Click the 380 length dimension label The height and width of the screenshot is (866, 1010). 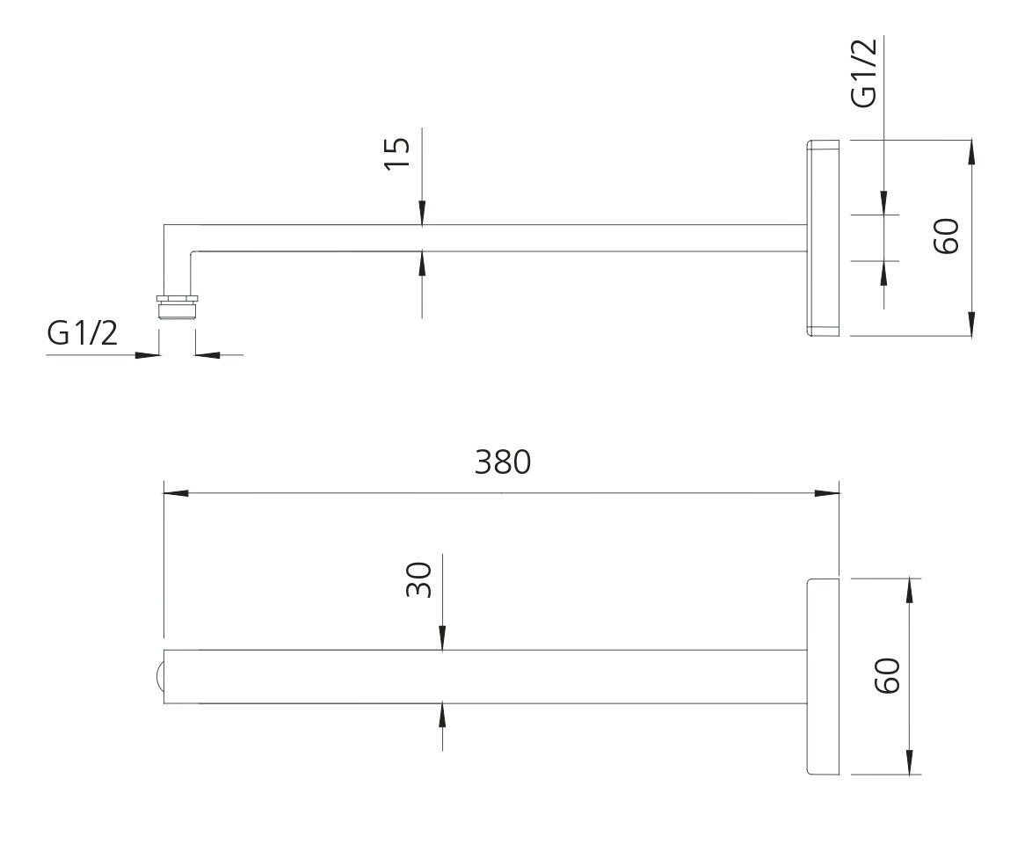pyautogui.click(x=503, y=462)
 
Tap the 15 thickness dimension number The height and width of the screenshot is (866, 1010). pyautogui.click(x=397, y=156)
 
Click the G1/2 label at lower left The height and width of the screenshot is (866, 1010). pyautogui.click(x=82, y=334)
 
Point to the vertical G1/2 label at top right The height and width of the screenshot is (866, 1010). pyautogui.click(x=864, y=73)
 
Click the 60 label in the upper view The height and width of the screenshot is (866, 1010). pyautogui.click(x=945, y=237)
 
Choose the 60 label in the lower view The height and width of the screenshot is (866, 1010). pyautogui.click(x=887, y=675)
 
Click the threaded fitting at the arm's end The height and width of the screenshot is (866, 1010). pyautogui.click(x=177, y=304)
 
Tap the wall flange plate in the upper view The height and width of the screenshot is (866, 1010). pyautogui.click(x=823, y=237)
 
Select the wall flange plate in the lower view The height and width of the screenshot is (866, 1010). pyautogui.click(x=823, y=676)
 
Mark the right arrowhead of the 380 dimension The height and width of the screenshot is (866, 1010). pyautogui.click(x=827, y=493)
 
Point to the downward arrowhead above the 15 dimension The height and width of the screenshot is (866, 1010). pyautogui.click(x=422, y=213)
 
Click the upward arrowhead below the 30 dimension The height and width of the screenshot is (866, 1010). pyautogui.click(x=442, y=715)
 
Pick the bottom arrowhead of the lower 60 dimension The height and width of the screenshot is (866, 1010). pyautogui.click(x=909, y=761)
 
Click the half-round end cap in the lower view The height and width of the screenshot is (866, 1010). pyautogui.click(x=158, y=677)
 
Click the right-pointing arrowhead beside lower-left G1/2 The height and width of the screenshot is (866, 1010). pyautogui.click(x=148, y=355)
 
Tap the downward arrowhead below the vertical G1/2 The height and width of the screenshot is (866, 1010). pyautogui.click(x=883, y=202)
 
